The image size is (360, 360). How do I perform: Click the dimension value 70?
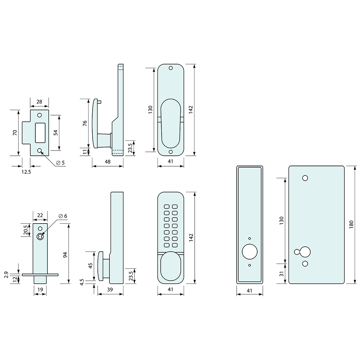coord(15,133)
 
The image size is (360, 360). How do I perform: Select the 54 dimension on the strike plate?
coord(56,133)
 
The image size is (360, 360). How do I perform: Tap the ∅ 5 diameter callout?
coord(61,163)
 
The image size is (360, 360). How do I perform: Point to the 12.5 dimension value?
coord(26,172)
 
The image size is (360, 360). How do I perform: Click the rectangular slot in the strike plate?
coord(40,133)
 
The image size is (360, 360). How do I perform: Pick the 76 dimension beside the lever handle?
coord(85,123)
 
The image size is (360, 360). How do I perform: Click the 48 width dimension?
coord(107,162)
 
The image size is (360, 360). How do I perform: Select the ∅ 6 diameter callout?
coord(63,216)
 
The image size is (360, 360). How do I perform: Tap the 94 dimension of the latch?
coord(65,255)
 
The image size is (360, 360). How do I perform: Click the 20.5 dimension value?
coord(26,230)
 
